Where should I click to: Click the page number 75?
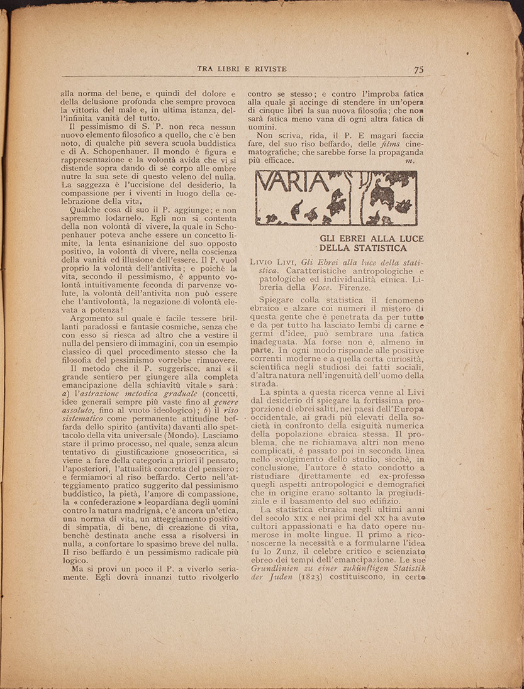pos(419,70)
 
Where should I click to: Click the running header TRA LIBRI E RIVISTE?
pos(242,69)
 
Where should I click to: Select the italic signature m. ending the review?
pos(410,161)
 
